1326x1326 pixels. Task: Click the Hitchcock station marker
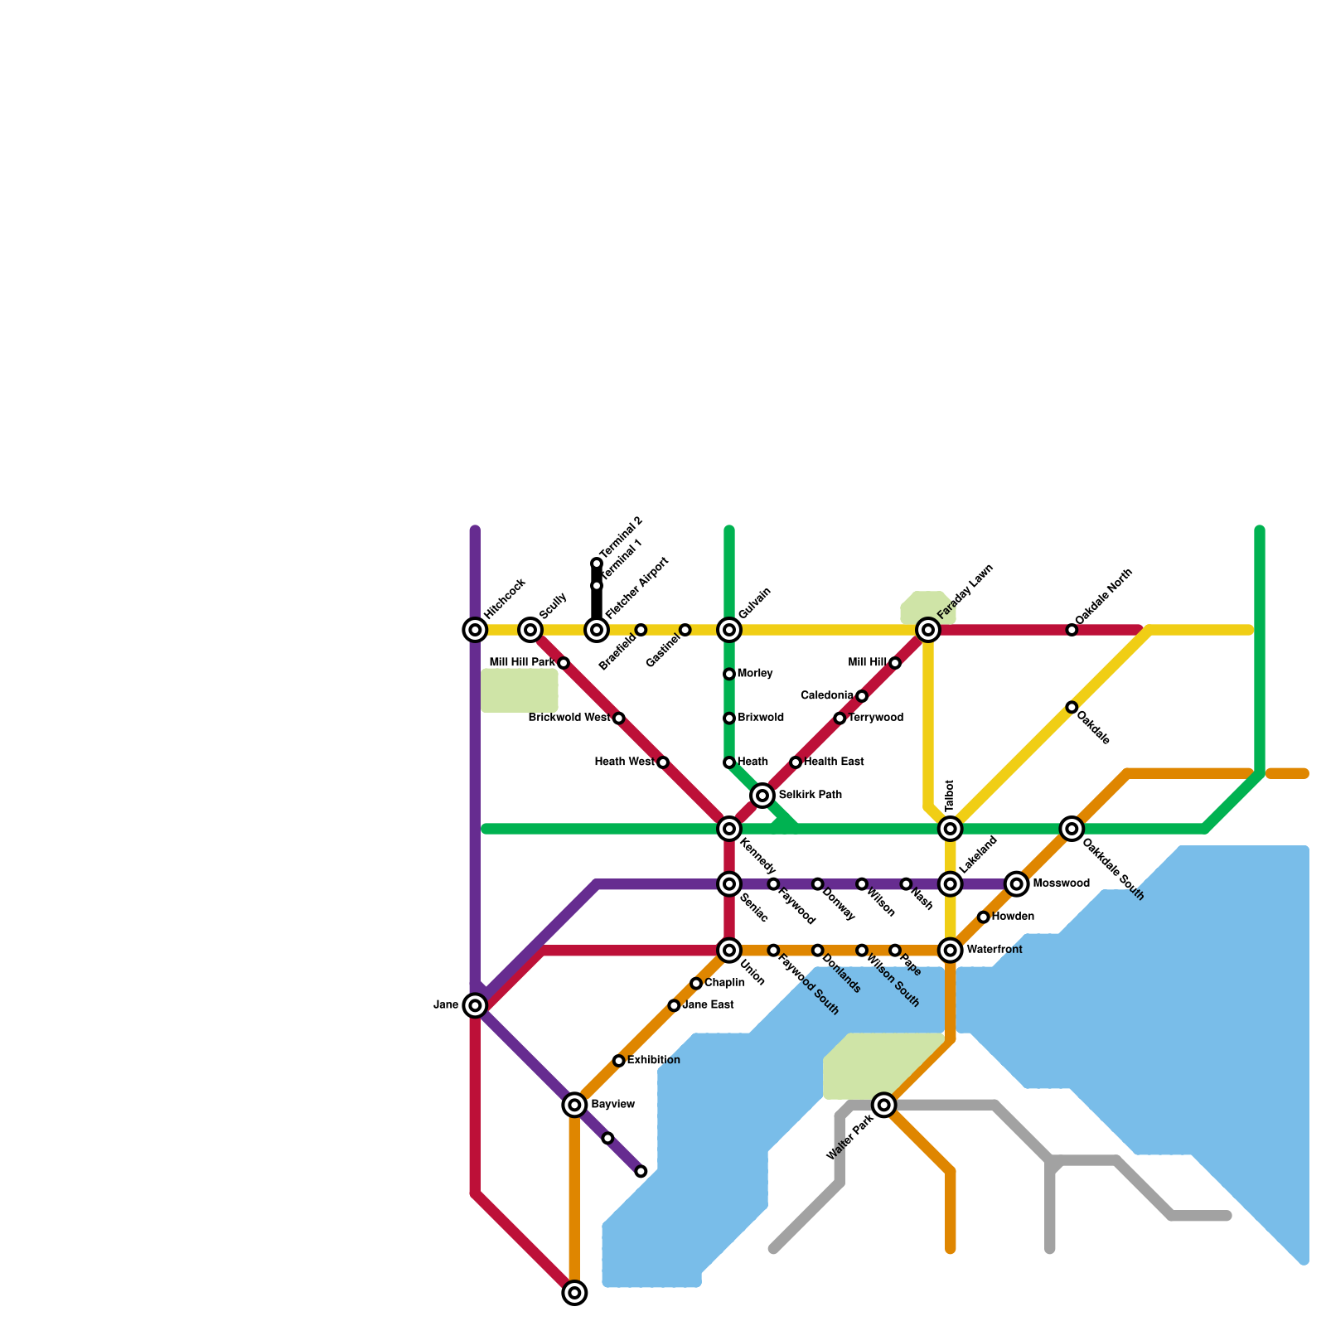pos(475,630)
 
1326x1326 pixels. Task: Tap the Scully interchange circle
pos(530,630)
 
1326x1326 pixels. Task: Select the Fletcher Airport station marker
pos(597,630)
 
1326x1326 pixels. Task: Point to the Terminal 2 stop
pos(597,564)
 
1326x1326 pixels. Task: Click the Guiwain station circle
pos(729,630)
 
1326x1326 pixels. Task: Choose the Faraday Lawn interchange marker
pos(928,630)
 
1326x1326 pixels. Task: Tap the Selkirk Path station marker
pos(762,796)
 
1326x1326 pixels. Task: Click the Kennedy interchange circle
pos(729,829)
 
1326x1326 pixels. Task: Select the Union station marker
pos(729,951)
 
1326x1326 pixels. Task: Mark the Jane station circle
pos(475,1005)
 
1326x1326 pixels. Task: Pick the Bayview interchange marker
pos(574,1105)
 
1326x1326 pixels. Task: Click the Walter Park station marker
pos(884,1105)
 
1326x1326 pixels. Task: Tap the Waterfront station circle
pos(951,951)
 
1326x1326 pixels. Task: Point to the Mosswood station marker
pos(1017,884)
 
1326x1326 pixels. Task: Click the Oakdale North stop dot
pos(1072,630)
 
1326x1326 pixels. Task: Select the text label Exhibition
pos(653,1061)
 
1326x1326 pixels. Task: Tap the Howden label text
pos(1013,917)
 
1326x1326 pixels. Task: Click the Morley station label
pos(755,674)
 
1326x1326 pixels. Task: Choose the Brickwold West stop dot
pos(618,718)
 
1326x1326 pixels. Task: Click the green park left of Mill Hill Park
pos(520,690)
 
